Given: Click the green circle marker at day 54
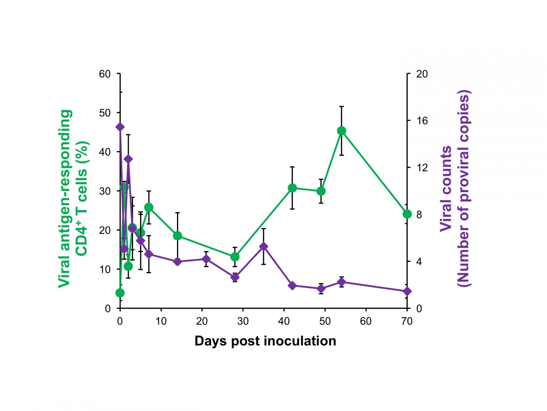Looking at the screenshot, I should tap(341, 131).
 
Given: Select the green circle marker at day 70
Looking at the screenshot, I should tap(407, 214).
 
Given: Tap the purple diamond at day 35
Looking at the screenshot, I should tap(263, 247).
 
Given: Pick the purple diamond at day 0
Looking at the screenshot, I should tap(120, 127).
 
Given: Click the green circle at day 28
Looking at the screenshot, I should tap(235, 257).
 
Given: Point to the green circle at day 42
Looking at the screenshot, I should tap(292, 188).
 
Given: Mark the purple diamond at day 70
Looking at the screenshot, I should tap(407, 292).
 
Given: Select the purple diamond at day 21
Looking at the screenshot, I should tap(206, 259).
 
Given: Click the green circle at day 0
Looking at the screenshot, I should tap(120, 293).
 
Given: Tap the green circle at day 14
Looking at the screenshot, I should tap(177, 236).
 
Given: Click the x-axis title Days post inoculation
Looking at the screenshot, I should tap(265, 341).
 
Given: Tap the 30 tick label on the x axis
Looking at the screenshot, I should tap(243, 322).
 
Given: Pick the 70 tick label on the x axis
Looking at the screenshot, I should tap(407, 322).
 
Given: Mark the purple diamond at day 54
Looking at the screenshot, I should tap(341, 282).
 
